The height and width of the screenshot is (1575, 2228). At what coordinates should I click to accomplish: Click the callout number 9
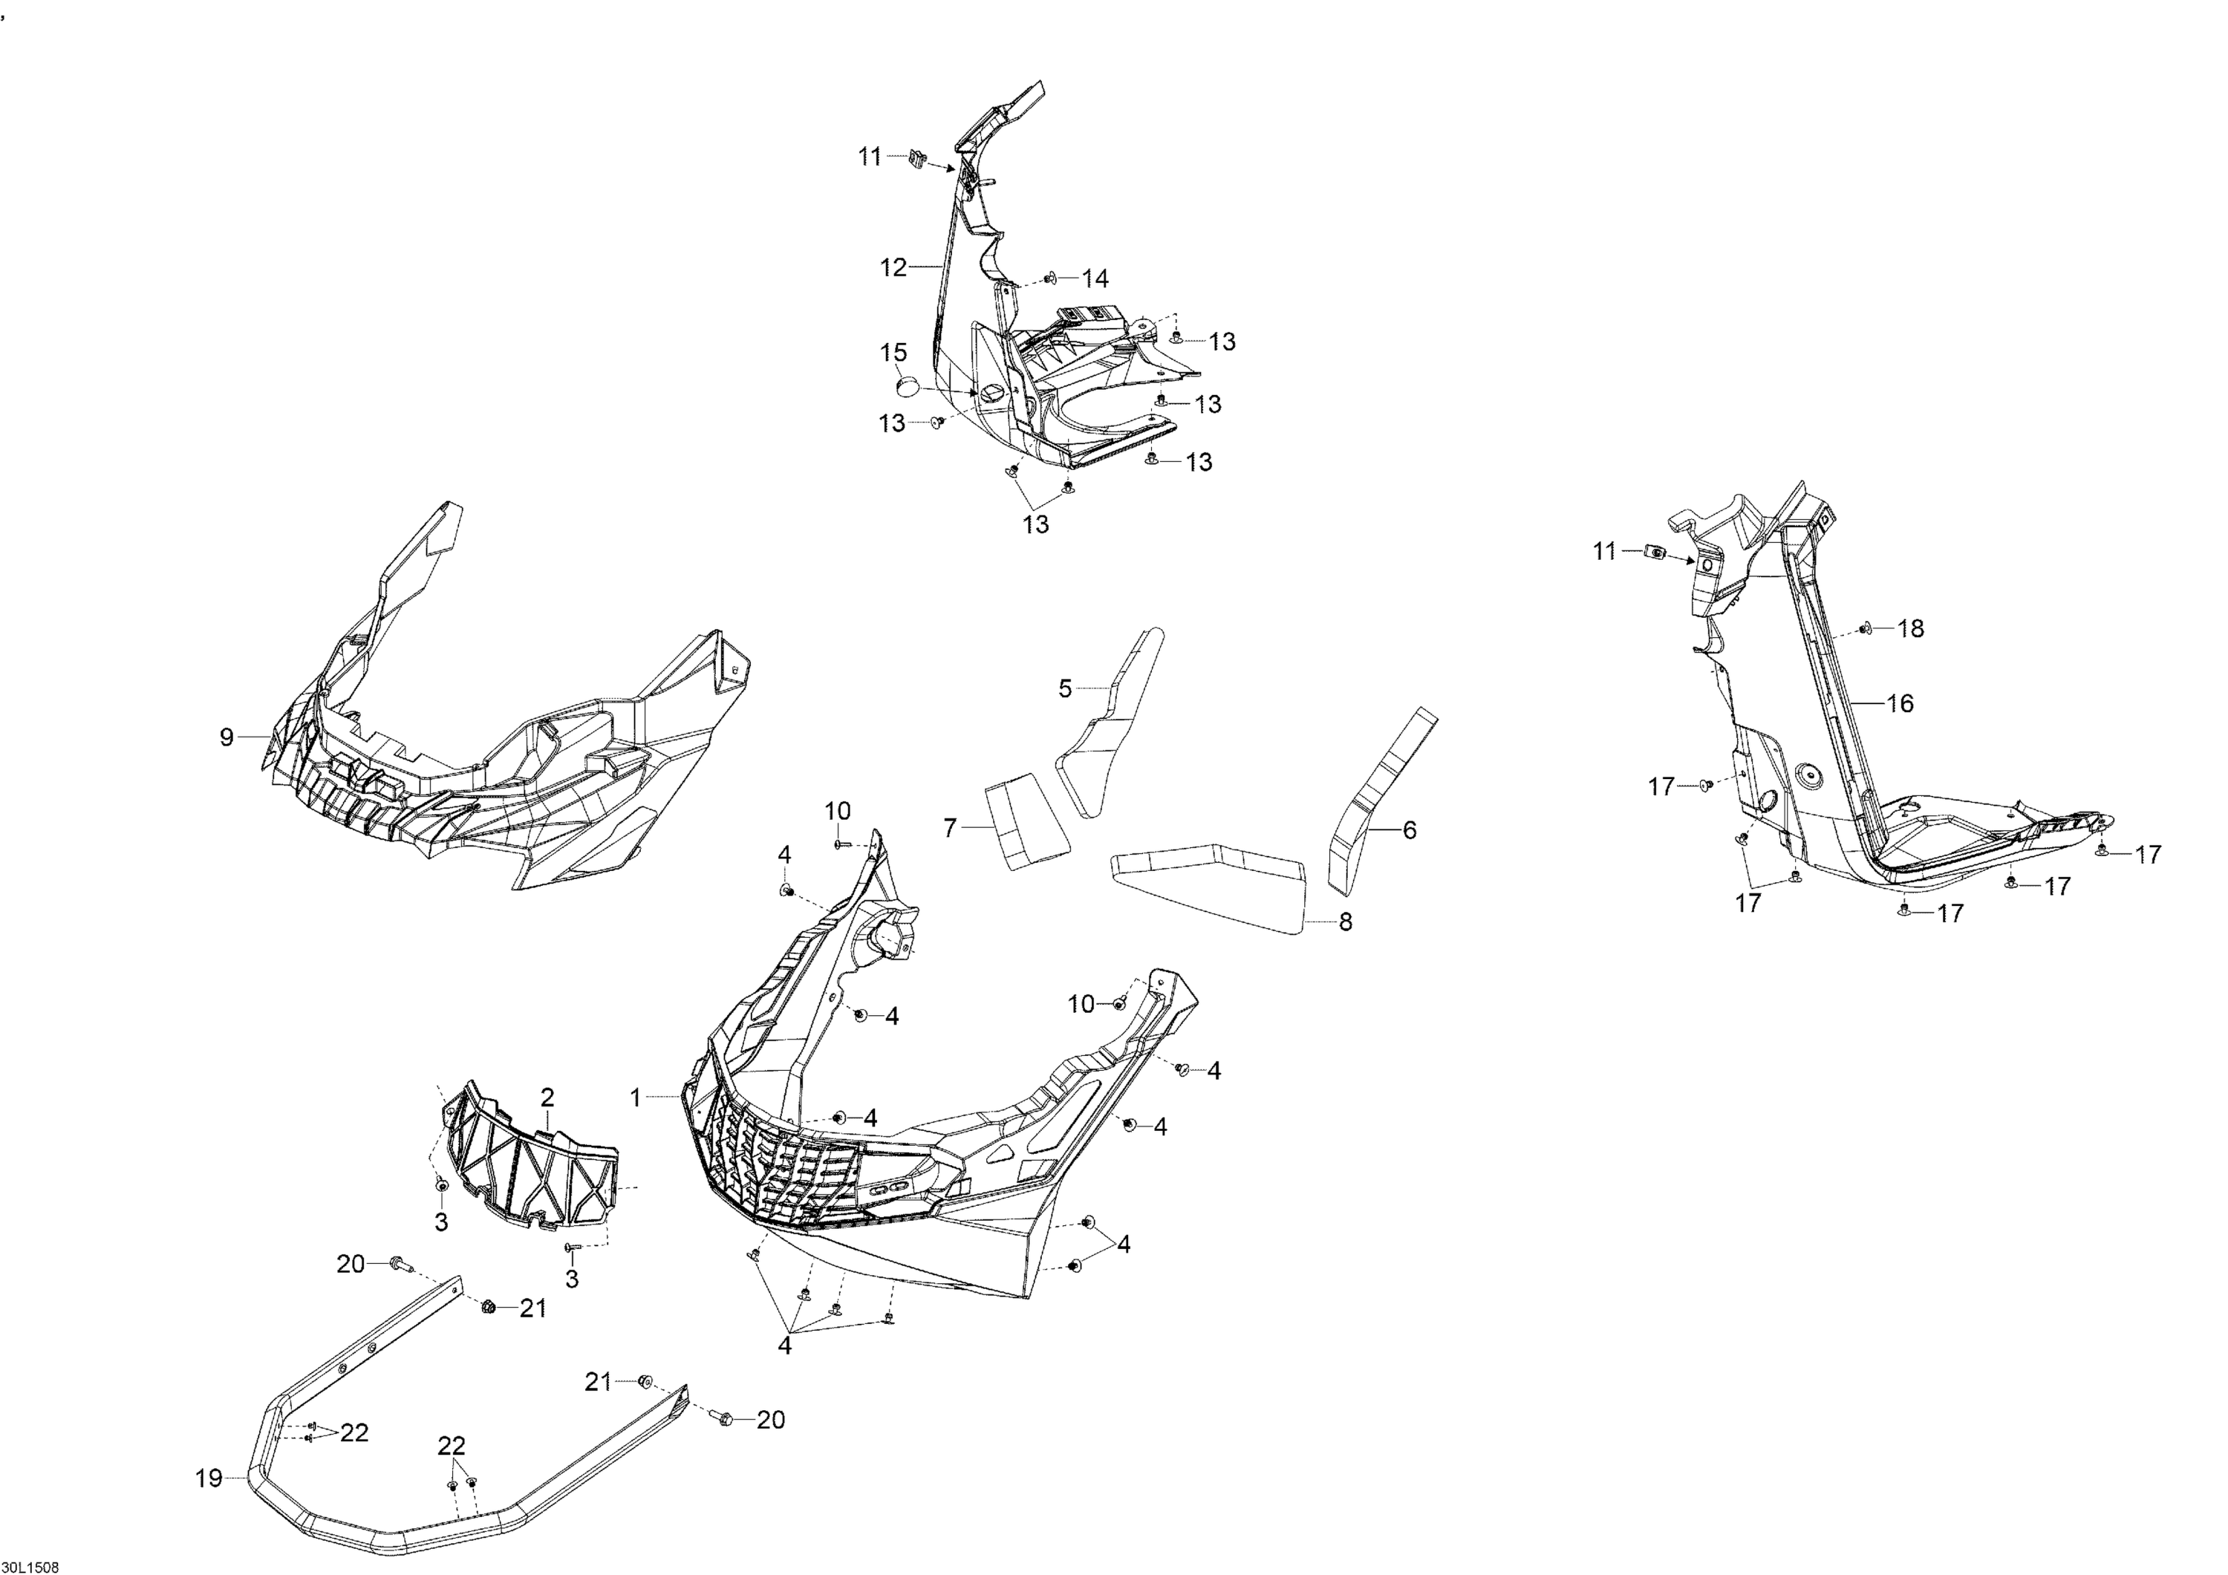point(226,737)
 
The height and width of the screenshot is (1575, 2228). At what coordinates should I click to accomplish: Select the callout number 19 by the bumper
point(209,1479)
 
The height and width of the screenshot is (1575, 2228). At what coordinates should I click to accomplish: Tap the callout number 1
point(636,1098)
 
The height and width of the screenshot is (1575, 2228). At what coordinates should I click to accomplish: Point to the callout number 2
point(547,1098)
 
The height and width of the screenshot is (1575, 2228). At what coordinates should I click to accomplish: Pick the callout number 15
point(893,351)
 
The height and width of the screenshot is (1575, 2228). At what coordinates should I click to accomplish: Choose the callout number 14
point(1095,279)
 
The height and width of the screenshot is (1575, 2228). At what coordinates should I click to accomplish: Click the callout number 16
point(1899,703)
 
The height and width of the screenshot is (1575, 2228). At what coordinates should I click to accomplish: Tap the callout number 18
point(1911,629)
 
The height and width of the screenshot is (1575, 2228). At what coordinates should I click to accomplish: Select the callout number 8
point(1345,922)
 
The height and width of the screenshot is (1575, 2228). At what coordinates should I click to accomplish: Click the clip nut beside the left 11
point(918,158)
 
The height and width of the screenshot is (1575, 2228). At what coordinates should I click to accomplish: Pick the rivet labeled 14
point(1051,279)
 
